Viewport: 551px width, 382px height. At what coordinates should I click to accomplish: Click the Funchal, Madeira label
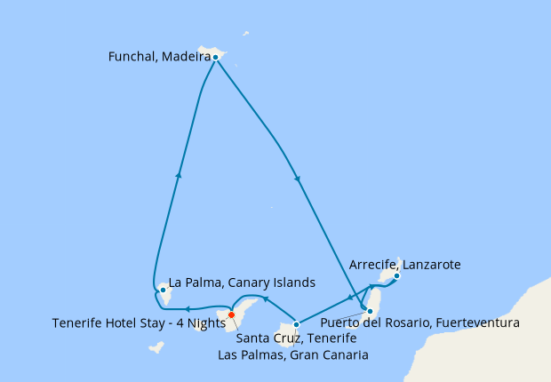click(158, 57)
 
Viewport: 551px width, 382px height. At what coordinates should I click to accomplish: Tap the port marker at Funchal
click(215, 57)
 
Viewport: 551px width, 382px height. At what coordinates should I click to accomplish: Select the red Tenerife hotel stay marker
click(231, 314)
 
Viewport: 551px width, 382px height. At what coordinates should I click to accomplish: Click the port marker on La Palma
click(163, 290)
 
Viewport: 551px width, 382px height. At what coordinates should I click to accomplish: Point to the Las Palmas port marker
click(296, 324)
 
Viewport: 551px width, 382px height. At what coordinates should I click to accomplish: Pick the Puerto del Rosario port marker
click(370, 311)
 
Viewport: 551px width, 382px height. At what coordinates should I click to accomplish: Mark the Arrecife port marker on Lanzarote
click(396, 275)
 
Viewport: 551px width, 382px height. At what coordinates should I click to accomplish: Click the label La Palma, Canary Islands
click(242, 283)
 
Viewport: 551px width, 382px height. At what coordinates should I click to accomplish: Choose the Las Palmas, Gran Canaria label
click(293, 354)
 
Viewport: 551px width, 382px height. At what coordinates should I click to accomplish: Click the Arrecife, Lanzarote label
click(405, 265)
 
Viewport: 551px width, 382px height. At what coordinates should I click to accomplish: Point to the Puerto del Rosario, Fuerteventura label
click(419, 322)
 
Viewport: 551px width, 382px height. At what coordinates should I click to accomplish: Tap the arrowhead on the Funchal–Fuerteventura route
click(297, 180)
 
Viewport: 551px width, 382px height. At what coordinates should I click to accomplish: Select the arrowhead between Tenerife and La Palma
click(186, 308)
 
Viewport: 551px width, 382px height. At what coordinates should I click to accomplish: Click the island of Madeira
click(210, 52)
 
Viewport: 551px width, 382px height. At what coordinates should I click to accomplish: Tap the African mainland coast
click(524, 338)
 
